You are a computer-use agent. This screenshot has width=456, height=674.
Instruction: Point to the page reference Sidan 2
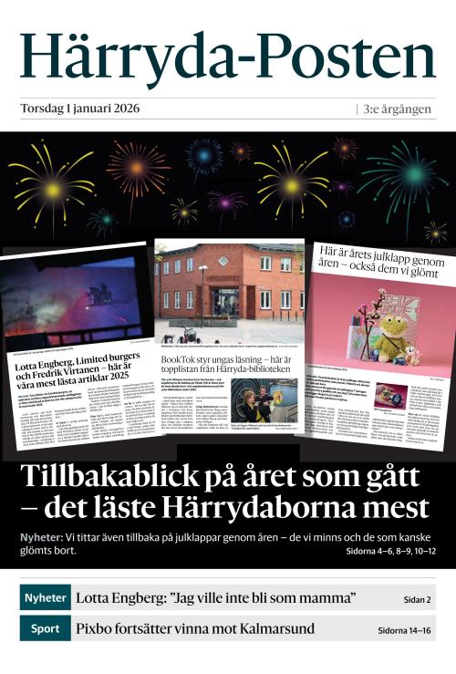[417, 600]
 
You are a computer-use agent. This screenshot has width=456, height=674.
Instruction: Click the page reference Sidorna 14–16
[406, 630]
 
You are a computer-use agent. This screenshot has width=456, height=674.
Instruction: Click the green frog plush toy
[391, 337]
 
